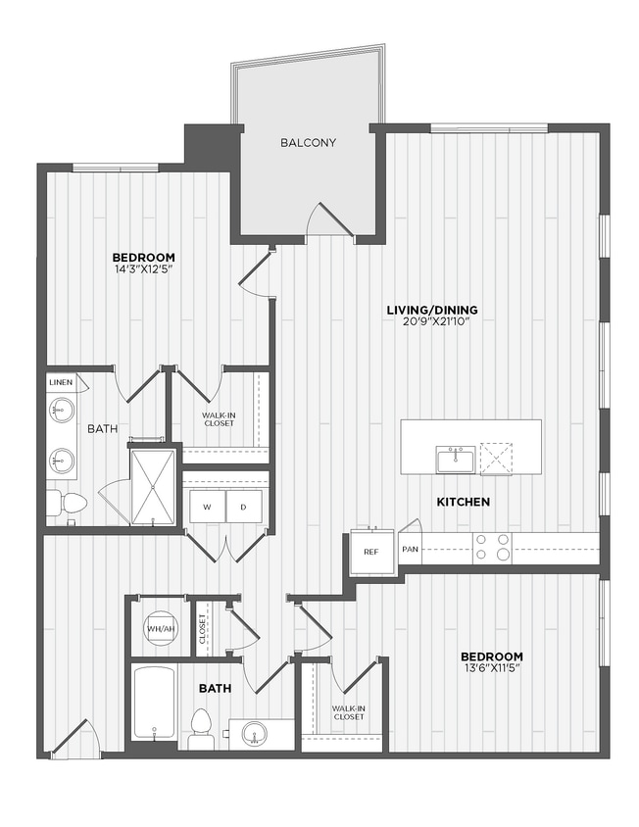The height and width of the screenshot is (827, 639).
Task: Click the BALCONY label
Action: coord(308,143)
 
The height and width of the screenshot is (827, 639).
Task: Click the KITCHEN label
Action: coord(464,502)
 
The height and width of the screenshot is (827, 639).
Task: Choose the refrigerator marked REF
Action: coord(371,552)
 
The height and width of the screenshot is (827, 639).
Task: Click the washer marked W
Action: coord(207,508)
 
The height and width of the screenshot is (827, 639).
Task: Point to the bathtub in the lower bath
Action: coord(155,703)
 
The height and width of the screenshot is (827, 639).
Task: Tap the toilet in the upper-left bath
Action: coord(69,503)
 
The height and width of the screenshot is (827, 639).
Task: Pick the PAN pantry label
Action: coord(410,549)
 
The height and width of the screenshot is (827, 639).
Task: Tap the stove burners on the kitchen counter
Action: coord(492,547)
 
